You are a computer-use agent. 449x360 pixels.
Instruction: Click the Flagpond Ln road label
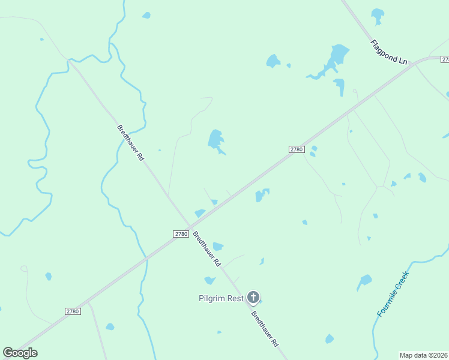coord(389,53)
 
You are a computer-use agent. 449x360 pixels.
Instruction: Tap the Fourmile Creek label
coord(393,294)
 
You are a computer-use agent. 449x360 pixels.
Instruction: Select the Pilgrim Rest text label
coord(221,298)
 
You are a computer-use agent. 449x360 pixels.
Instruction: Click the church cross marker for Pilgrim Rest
coord(253,297)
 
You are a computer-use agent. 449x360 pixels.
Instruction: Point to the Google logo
coord(20,353)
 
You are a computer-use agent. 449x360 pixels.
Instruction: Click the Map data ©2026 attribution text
coord(423,355)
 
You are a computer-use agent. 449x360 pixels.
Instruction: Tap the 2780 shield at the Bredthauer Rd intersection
coord(181,234)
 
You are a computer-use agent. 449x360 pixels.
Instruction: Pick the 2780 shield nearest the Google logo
coord(73,311)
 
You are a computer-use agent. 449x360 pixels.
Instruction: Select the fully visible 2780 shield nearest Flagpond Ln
coord(297,149)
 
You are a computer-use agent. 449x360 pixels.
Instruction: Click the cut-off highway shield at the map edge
coord(445,59)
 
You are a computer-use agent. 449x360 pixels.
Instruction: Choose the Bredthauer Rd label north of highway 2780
coord(131,142)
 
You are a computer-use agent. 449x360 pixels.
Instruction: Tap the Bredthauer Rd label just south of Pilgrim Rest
coord(265,329)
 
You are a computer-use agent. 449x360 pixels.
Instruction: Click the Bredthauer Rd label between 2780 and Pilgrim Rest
coord(206,249)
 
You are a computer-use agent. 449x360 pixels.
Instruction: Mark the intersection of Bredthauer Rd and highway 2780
coord(190,227)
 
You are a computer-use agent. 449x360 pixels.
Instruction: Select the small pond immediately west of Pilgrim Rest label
coord(209,280)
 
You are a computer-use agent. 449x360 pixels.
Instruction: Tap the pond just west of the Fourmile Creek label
coord(364,281)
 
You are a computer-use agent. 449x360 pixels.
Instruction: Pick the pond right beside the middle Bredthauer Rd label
coord(218,246)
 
